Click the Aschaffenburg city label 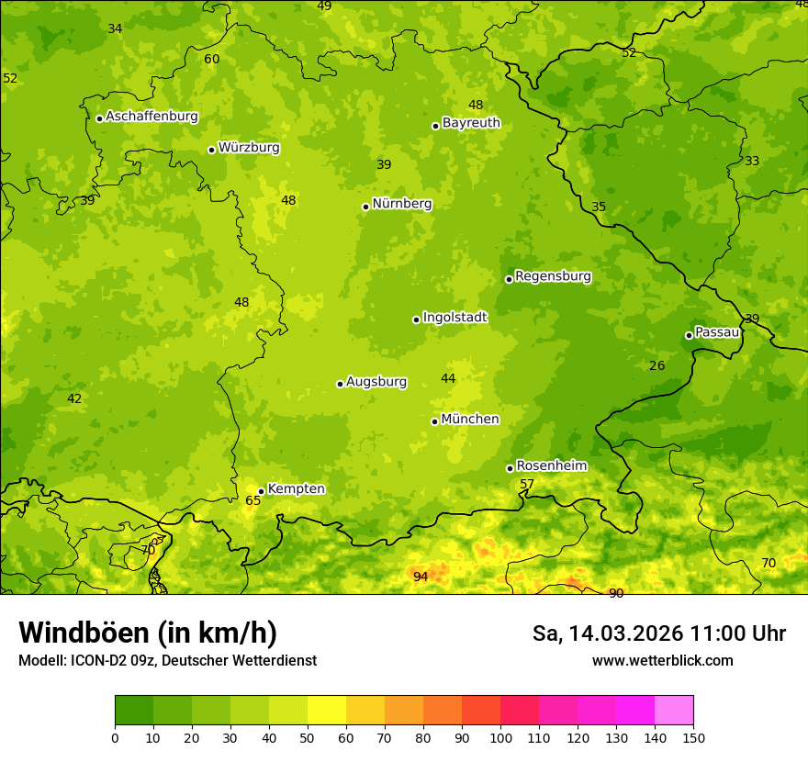(151, 117)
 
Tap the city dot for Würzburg (211, 150)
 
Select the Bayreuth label (471, 122)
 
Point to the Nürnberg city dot (365, 207)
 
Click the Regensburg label (553, 275)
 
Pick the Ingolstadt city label (454, 317)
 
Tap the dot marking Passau (689, 335)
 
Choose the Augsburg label (376, 381)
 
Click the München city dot (434, 421)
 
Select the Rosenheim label (551, 465)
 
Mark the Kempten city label (296, 488)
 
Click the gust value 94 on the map (421, 577)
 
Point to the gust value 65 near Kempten (252, 500)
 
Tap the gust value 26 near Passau (656, 365)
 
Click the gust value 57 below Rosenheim (527, 484)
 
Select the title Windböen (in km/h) (148, 633)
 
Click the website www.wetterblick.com (662, 660)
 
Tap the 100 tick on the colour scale (500, 737)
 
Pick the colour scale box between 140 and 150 (674, 710)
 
